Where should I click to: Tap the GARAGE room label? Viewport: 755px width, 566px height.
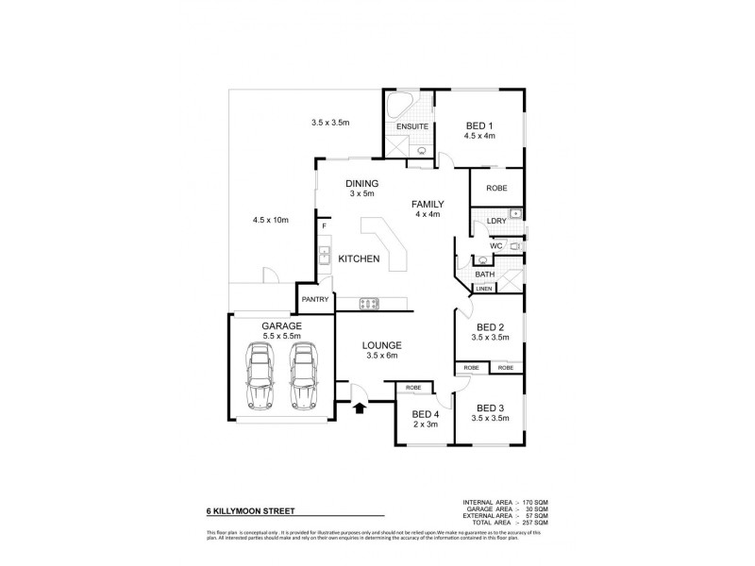[281, 325]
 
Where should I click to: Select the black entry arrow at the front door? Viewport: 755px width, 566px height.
[359, 408]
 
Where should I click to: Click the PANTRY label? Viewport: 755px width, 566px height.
[314, 299]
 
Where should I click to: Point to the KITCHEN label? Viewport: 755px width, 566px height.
[359, 258]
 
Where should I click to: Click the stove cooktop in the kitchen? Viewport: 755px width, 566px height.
[368, 303]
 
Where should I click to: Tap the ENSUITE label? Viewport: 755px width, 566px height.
[412, 126]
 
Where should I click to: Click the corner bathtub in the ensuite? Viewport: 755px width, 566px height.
[397, 106]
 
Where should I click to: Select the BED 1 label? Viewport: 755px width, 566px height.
[479, 125]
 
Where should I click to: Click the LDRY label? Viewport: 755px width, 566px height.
[495, 222]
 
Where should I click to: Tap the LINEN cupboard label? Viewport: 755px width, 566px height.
[483, 289]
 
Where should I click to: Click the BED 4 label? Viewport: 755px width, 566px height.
[426, 414]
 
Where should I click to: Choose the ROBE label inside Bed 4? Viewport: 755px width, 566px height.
[412, 388]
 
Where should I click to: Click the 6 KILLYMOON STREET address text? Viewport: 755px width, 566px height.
[250, 511]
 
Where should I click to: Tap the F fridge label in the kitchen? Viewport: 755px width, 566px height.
[323, 226]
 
